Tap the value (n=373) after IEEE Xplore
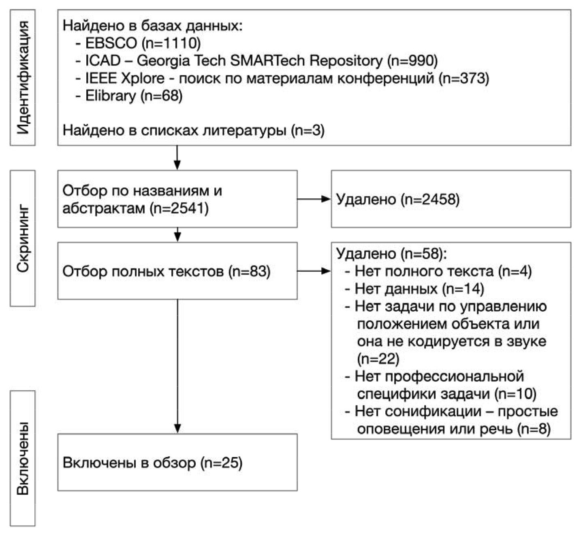coord(464,78)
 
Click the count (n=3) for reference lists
coord(308,131)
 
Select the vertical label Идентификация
coord(23,78)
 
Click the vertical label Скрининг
coord(23,238)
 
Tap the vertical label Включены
coord(23,458)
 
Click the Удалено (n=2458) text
coord(398,199)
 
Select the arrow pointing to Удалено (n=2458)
coord(314,199)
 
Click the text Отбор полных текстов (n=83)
coord(166,271)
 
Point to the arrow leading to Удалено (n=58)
coord(314,271)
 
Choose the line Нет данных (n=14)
coord(419,289)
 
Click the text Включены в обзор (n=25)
coord(152,463)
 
